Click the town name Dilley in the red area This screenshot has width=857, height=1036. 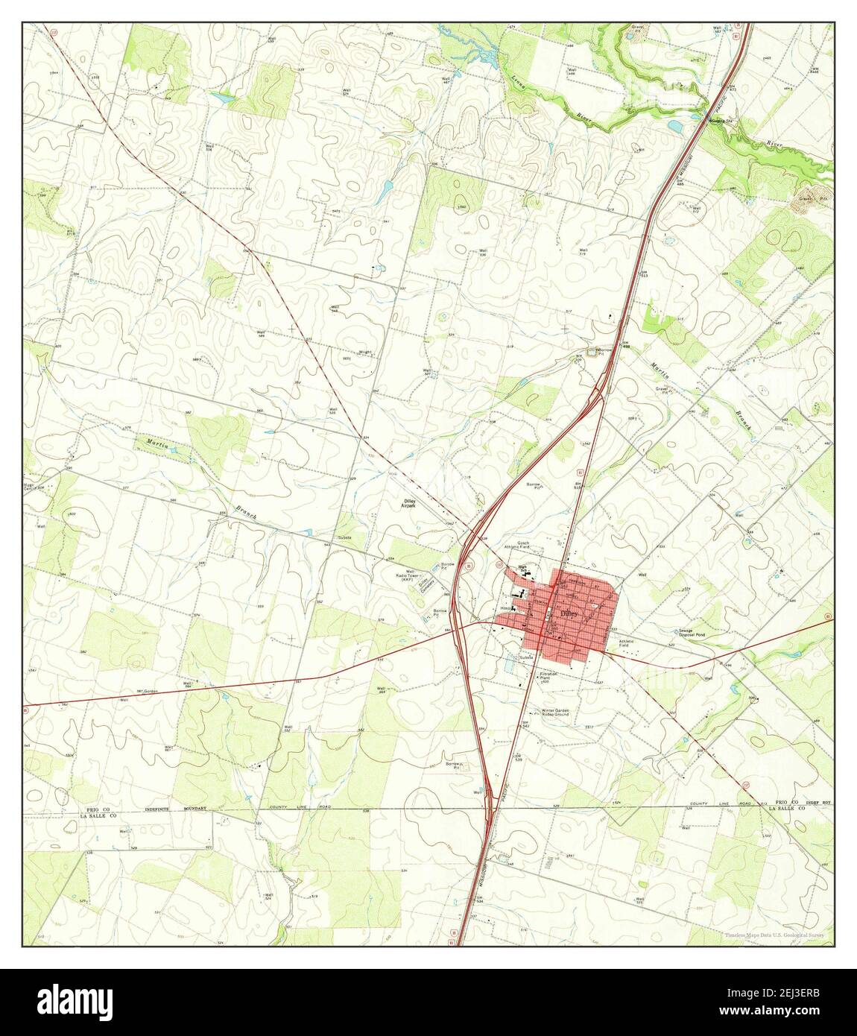click(569, 613)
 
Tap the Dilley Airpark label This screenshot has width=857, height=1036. click(404, 505)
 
